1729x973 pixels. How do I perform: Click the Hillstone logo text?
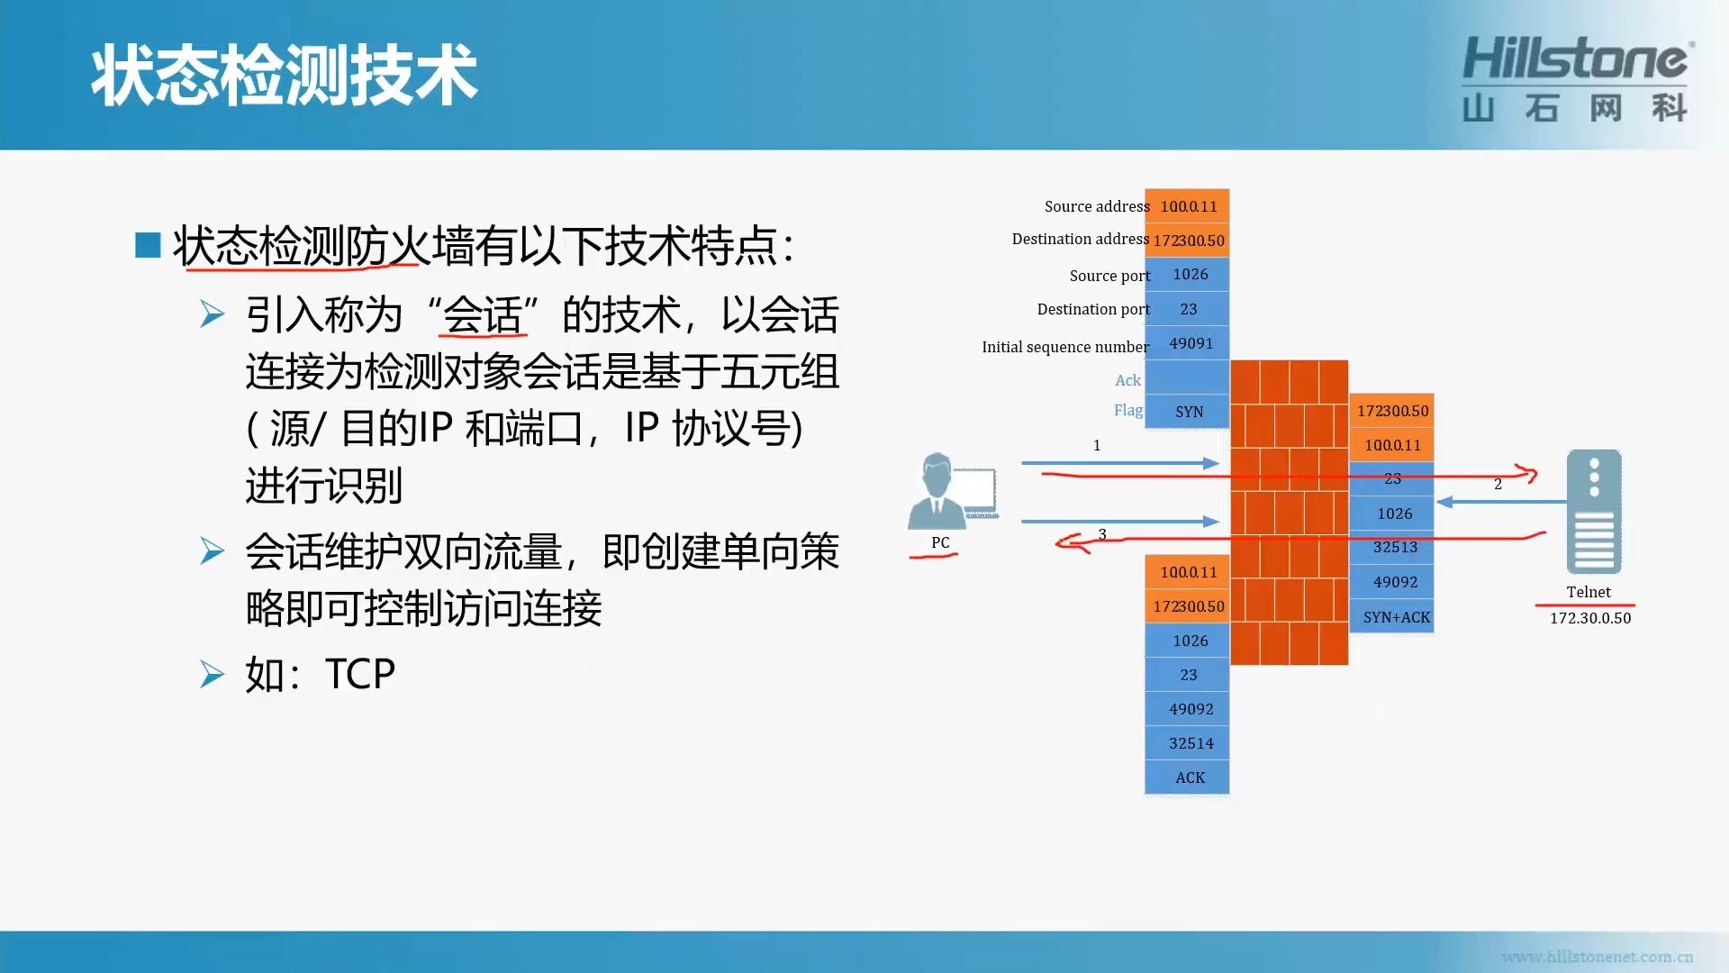pos(1576,59)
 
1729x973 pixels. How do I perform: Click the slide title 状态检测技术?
pos(284,77)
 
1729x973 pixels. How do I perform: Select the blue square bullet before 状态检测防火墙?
pos(148,245)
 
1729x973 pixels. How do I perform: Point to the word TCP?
pos(360,674)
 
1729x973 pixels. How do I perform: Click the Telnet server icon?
pos(1594,511)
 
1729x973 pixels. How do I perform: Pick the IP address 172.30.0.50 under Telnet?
pos(1590,618)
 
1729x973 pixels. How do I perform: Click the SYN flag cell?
pos(1188,412)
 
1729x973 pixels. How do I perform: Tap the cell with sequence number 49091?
pos(1188,343)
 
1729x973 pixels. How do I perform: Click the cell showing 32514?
pos(1188,743)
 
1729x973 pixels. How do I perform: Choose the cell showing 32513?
pos(1393,548)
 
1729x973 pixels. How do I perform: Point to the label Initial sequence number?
pos(1065,347)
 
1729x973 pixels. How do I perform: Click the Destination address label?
pos(1080,239)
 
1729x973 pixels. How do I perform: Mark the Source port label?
pos(1109,276)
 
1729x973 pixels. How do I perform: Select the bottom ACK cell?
pos(1188,777)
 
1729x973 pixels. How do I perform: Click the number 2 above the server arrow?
pos(1498,484)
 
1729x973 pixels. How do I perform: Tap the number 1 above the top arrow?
pos(1097,445)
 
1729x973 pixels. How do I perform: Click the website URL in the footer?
pos(1598,957)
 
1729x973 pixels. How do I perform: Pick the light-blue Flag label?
pos(1128,410)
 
